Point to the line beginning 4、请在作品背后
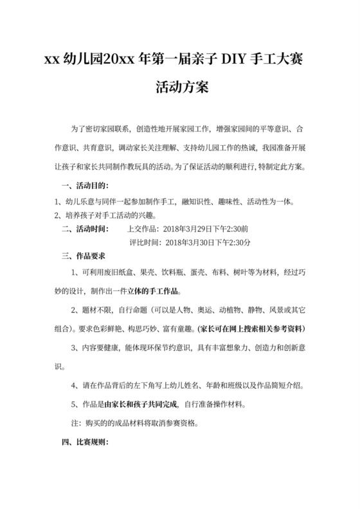point(187,387)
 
